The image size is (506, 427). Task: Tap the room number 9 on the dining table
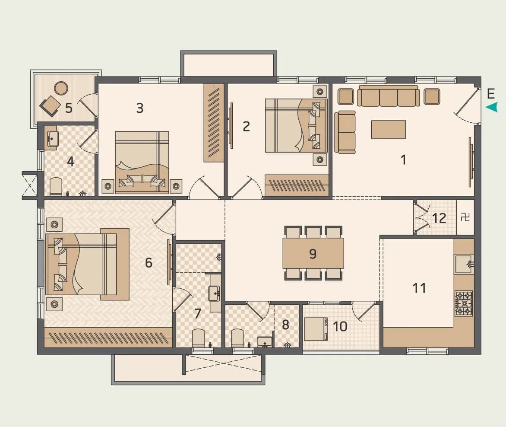[313, 253]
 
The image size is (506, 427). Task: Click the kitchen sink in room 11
[463, 264]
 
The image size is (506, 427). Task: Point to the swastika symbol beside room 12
[465, 217]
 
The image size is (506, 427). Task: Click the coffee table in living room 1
[388, 129]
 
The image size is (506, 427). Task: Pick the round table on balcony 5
[61, 88]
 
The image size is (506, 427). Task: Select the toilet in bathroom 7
[198, 337]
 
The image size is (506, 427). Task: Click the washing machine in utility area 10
[315, 328]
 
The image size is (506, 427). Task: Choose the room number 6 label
[149, 262]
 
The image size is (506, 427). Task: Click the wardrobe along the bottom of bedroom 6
[108, 337]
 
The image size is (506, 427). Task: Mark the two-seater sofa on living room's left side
[345, 132]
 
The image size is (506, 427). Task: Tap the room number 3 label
[139, 108]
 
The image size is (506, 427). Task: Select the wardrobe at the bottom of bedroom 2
[297, 185]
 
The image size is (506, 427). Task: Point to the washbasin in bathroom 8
[264, 341]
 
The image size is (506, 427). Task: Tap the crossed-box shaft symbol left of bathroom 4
[29, 186]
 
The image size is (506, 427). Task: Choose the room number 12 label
[439, 218]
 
